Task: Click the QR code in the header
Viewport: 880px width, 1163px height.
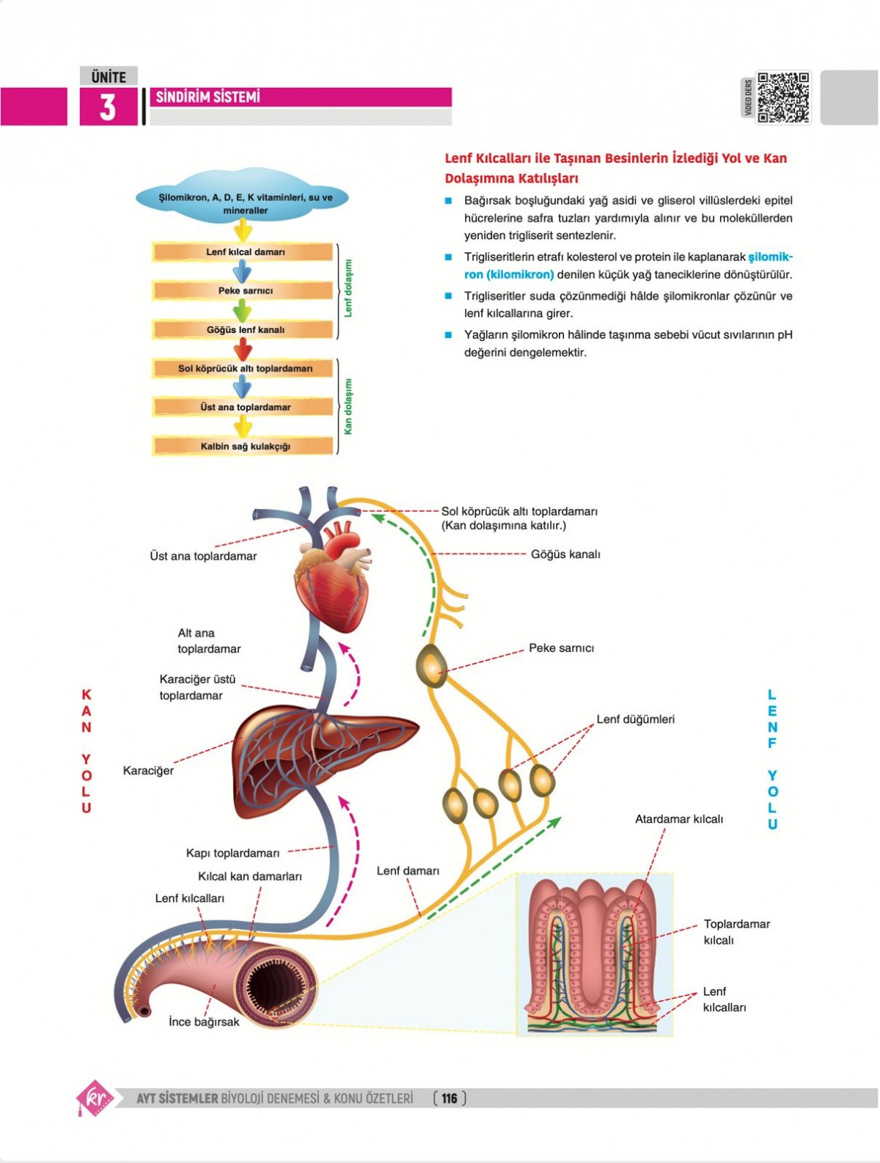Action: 783,97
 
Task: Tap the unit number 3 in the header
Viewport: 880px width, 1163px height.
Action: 108,107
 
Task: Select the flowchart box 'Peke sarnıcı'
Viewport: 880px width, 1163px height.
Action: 244,290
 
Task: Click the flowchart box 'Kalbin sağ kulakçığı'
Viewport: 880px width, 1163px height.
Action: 244,446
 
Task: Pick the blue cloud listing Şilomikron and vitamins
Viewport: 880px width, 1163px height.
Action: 244,198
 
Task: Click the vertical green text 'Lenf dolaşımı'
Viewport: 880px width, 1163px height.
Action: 348,288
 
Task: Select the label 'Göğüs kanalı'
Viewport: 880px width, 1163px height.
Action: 565,554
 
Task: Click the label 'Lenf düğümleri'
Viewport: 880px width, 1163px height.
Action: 635,719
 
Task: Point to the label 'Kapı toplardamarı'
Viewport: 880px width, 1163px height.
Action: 232,853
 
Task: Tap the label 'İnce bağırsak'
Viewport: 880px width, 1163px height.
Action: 204,1021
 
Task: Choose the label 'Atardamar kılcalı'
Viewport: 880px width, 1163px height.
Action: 678,819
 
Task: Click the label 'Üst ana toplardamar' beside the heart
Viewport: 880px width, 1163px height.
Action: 203,556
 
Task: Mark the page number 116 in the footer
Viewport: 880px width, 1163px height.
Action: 450,1098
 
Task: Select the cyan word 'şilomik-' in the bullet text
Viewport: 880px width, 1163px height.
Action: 770,257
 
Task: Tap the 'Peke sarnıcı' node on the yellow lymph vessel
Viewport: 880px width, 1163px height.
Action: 431,665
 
